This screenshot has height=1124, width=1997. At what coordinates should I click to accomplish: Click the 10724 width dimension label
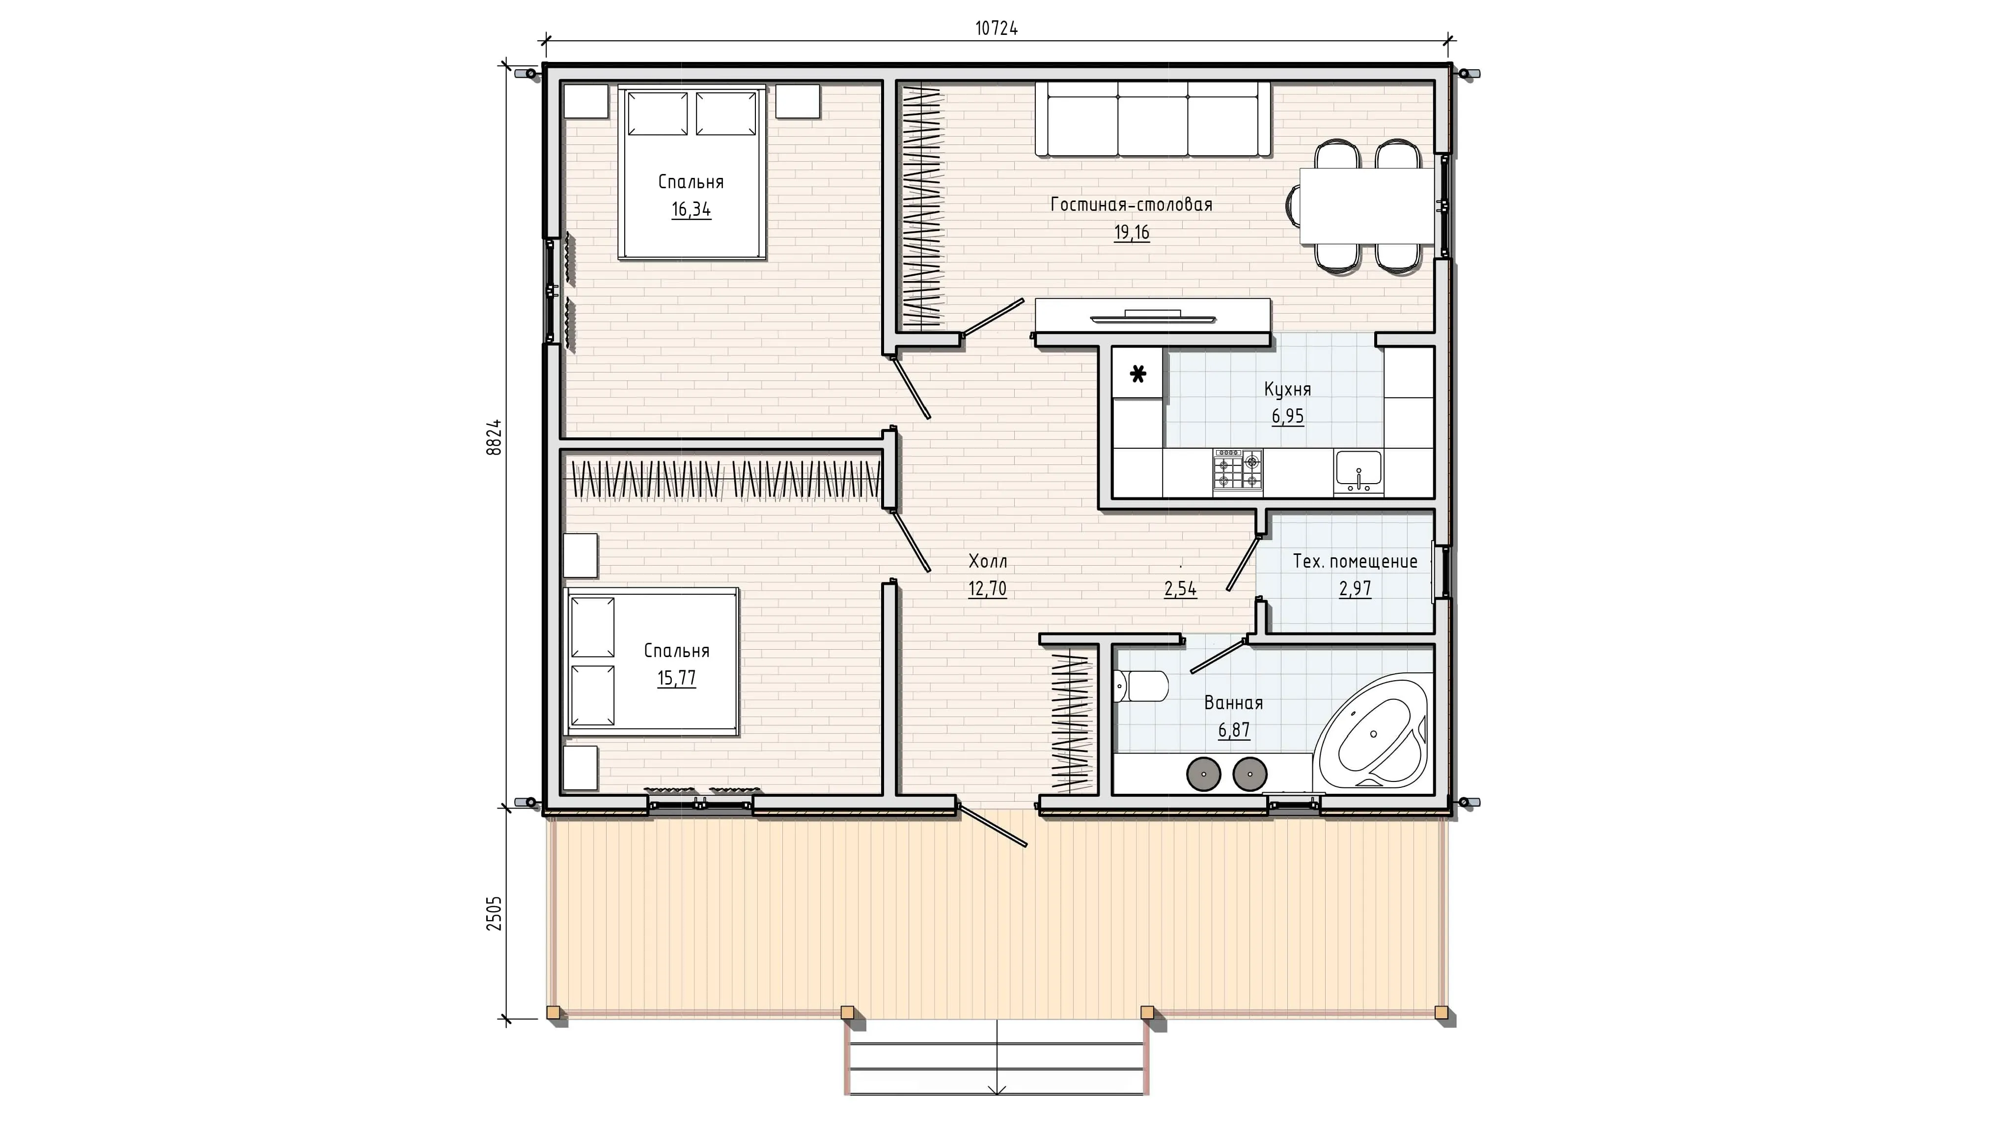point(996,29)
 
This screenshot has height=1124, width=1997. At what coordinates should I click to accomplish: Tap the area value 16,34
point(691,209)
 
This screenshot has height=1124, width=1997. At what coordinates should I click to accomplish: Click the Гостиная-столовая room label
point(1131,205)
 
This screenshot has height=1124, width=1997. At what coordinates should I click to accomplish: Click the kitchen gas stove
point(1238,470)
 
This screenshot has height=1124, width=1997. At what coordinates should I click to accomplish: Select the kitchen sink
point(1358,471)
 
